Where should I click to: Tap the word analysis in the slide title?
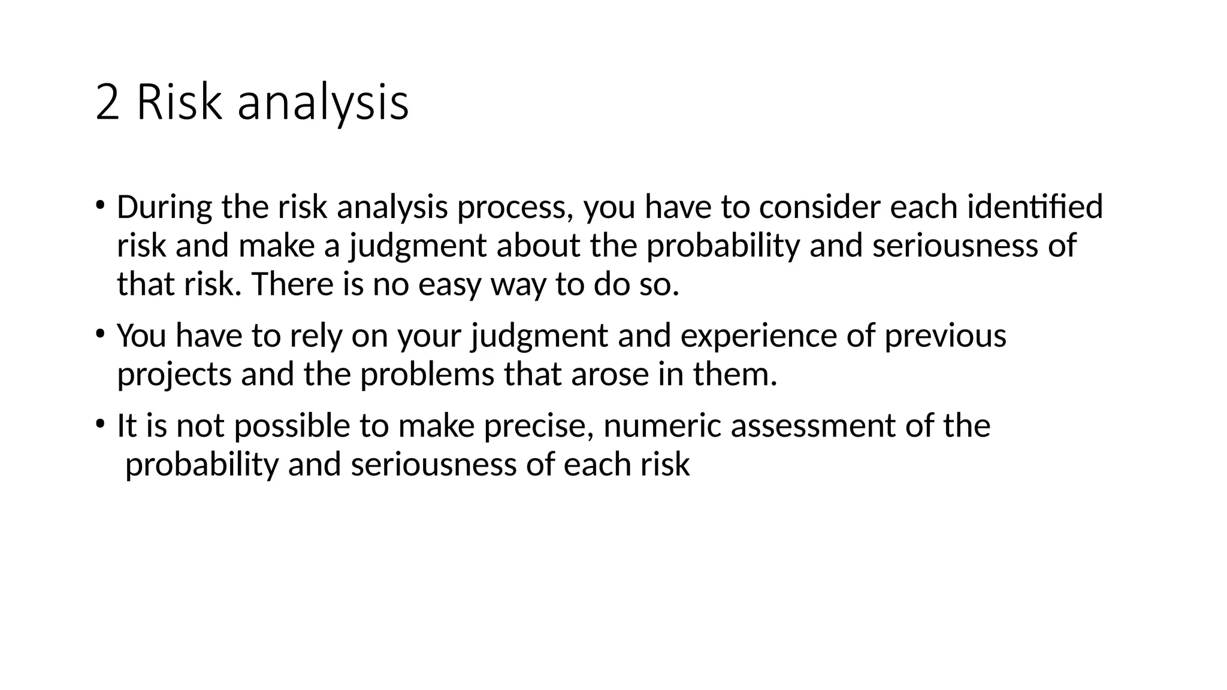click(323, 105)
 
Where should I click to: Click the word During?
click(164, 207)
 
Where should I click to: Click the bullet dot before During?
click(100, 205)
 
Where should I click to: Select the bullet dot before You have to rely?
click(100, 334)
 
